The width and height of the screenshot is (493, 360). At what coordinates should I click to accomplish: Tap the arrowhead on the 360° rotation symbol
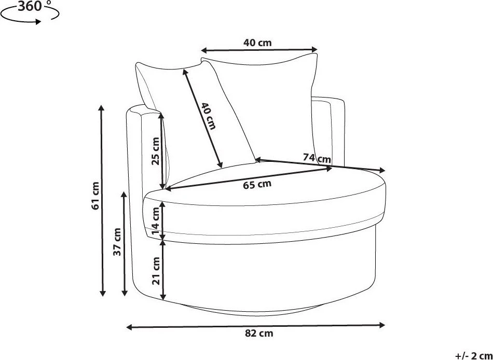point(38,22)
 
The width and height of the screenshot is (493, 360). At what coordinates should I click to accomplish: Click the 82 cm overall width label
point(259,333)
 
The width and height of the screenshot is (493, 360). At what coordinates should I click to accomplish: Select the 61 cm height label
point(95,195)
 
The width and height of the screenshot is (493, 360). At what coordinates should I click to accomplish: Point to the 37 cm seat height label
point(117,242)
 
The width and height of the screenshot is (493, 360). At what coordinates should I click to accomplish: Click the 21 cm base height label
point(156,271)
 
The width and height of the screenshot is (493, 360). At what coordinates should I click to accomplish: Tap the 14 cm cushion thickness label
point(156,221)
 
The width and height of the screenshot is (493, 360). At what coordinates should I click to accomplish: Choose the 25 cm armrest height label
point(156,151)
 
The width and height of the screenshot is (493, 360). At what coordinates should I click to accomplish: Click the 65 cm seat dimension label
point(257,185)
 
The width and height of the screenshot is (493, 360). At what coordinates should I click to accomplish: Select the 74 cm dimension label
point(317,157)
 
